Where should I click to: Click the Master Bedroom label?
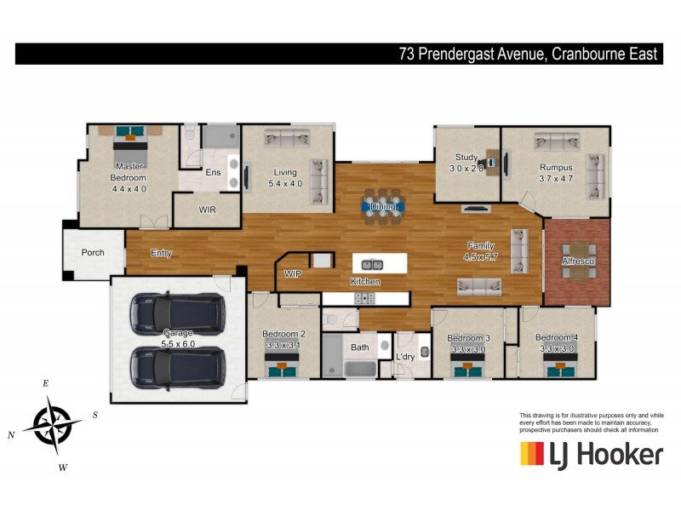click(130, 177)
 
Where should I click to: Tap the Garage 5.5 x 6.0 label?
click(176, 337)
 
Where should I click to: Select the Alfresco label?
click(578, 261)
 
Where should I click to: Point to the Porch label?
click(93, 253)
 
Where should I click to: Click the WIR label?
click(208, 209)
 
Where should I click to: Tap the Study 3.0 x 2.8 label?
click(466, 163)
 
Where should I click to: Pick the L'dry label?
click(404, 357)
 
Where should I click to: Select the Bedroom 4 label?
click(558, 342)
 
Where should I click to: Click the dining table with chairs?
click(382, 205)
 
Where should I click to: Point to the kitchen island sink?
click(372, 265)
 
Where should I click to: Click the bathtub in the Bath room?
click(349, 369)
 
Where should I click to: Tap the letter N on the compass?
click(12, 435)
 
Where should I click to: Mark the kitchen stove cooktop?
click(365, 297)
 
